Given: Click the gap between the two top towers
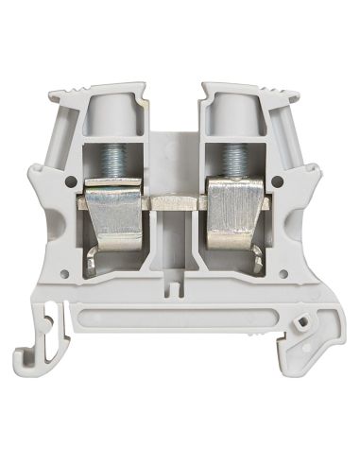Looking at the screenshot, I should coord(175,104).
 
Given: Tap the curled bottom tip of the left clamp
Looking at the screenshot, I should coord(92,271).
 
